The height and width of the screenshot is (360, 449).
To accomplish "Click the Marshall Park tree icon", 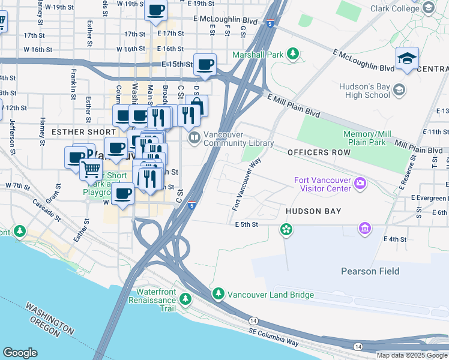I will [x=293, y=55].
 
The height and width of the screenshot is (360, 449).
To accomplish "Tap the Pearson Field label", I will [x=370, y=271].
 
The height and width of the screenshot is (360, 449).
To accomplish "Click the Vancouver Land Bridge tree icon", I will [x=218, y=295].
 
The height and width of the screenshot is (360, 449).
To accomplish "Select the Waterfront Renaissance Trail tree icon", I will [x=186, y=298].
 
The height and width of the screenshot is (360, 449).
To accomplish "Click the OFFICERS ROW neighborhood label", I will [x=315, y=152].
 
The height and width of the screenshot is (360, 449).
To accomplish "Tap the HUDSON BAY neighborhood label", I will [x=313, y=211].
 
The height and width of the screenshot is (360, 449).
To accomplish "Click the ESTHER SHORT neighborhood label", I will [x=83, y=131].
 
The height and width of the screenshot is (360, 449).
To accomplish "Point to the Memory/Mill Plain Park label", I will [x=373, y=138].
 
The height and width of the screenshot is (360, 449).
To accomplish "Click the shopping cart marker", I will [x=91, y=169].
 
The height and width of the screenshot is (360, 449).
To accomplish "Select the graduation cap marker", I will [x=407, y=59].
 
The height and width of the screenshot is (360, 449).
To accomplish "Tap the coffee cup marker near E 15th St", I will [x=205, y=65].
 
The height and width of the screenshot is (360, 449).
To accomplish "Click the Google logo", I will [x=20, y=353].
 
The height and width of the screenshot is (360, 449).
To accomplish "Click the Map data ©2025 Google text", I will [x=412, y=355].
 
